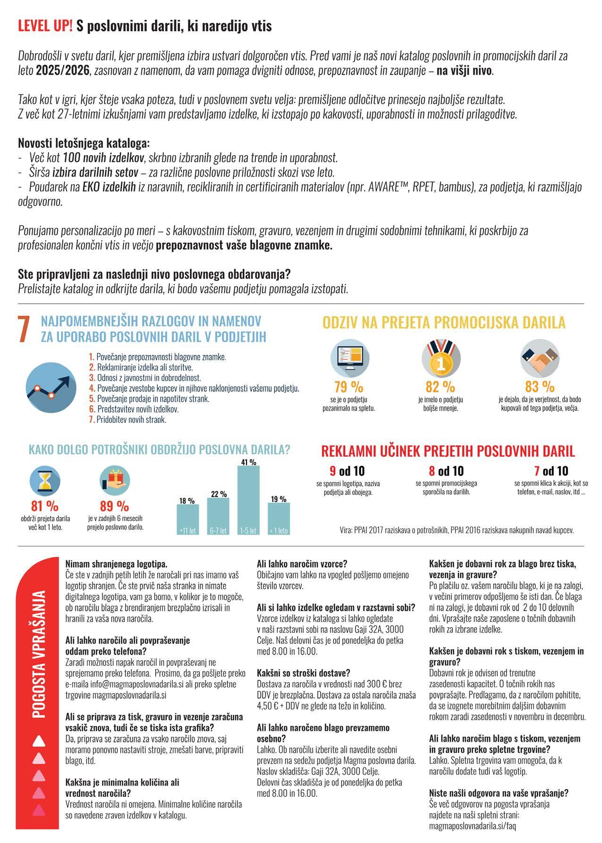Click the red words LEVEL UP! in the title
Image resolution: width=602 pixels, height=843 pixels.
pos(45,26)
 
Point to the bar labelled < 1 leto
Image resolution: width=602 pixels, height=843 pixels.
pos(279,519)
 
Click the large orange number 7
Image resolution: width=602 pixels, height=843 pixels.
pos(24,330)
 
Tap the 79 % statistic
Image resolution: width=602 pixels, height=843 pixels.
pos(348,387)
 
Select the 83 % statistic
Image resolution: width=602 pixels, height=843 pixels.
pos(540,387)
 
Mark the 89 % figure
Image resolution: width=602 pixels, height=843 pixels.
pos(114,506)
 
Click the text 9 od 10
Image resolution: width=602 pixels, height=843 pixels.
pos(347,471)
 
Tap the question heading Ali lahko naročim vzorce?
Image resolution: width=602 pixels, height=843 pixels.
pos(302,563)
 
